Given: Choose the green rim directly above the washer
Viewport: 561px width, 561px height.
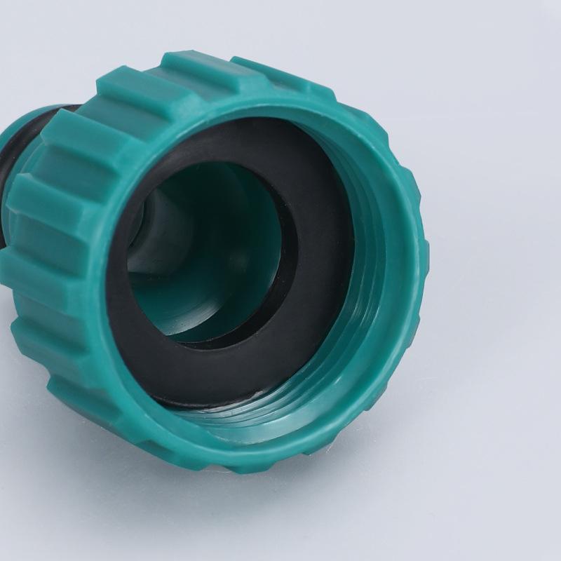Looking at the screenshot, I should [245, 105].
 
